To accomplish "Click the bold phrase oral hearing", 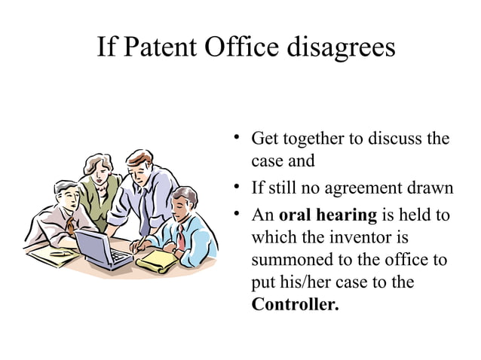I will pos(327,215).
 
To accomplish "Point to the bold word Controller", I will pos(295,306).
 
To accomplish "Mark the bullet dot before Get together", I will pos(236,138).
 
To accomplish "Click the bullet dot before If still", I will pos(236,187).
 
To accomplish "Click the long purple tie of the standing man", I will pos(144,208).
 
